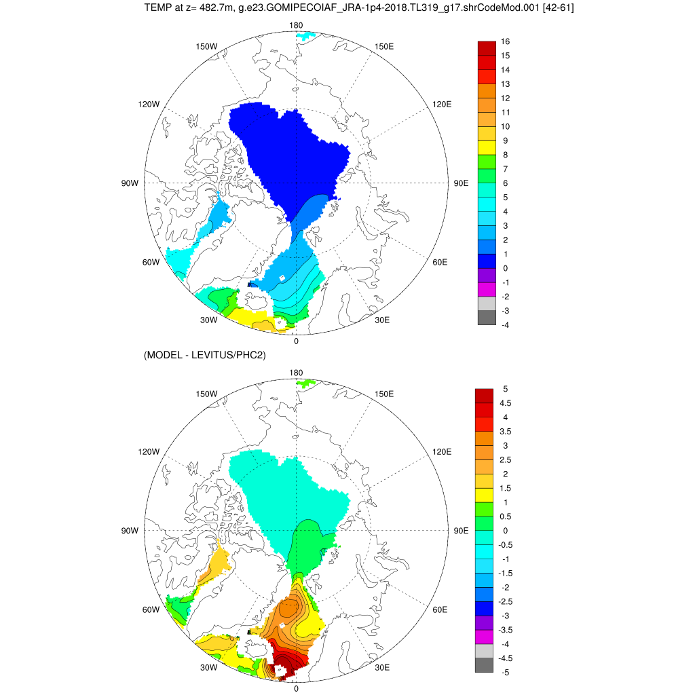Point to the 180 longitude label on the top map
coord(296,25)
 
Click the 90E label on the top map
coord(462,183)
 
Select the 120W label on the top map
coord(148,105)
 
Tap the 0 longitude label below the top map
coord(296,341)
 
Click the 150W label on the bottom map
coord(206,394)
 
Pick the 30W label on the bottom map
coord(208,667)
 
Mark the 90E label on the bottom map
coord(462,531)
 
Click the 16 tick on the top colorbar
coord(505,41)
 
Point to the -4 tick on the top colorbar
coord(505,325)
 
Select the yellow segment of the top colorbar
coord(487,148)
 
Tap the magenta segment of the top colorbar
coord(487,290)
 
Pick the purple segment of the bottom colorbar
coord(485,622)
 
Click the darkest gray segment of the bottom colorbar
coord(485,665)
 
